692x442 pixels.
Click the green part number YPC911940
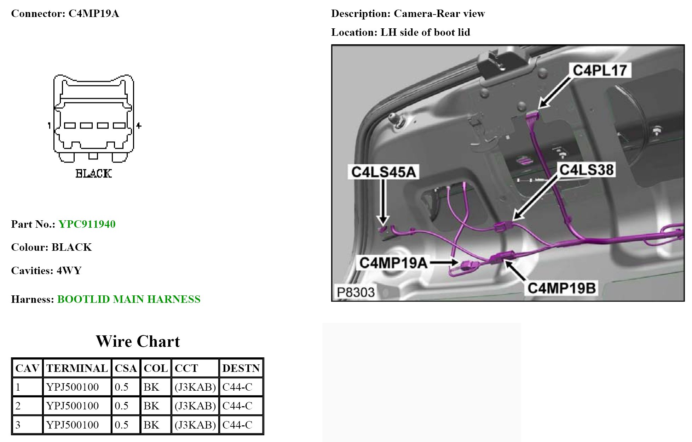coord(87,224)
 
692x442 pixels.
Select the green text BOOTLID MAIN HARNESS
coord(129,299)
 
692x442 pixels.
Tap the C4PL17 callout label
coord(600,70)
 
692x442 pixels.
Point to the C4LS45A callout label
coord(384,172)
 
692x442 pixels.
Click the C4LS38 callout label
coord(586,170)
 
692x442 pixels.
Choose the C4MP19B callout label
coord(561,288)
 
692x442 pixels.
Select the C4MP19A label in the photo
coord(393,263)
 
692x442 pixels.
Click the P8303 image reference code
coord(355,293)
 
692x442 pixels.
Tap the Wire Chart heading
coord(138,341)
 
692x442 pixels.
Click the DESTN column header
coord(241,368)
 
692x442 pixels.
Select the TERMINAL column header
coord(77,368)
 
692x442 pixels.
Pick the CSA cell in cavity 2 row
coord(122,406)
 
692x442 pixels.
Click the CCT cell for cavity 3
coord(195,425)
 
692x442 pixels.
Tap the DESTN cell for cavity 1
coord(237,387)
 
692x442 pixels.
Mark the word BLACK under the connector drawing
coord(93,174)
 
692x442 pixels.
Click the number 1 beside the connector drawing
coord(49,125)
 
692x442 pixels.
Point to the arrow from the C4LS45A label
coord(383,202)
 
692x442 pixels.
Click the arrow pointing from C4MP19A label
coord(444,263)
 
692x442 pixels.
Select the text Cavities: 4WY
coord(46,271)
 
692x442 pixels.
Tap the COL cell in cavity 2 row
coord(151,406)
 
